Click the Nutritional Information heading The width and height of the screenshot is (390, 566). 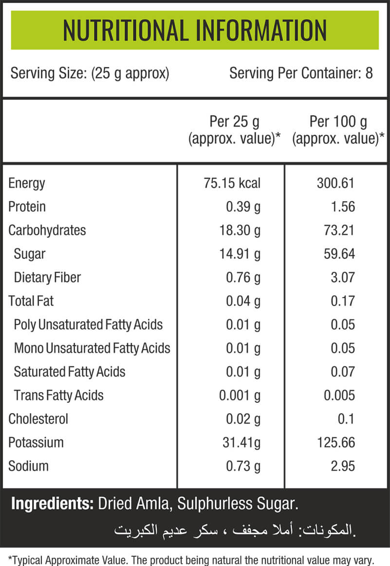[x=195, y=30]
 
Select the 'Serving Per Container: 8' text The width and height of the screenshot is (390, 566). [x=301, y=73]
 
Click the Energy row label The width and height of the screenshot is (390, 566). [x=27, y=183]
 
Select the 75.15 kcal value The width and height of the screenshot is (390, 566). [x=232, y=183]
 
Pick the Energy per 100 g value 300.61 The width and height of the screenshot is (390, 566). [x=335, y=183]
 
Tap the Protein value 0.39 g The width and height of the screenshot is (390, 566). [x=243, y=207]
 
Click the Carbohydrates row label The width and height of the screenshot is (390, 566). [x=47, y=230]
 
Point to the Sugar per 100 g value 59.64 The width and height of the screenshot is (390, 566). [x=339, y=254]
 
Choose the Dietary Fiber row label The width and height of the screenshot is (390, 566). [x=47, y=278]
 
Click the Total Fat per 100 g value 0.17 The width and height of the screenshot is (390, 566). [x=343, y=301]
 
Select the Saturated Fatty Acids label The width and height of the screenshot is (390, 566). [x=70, y=372]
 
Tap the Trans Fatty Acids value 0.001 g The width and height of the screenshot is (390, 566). [x=240, y=396]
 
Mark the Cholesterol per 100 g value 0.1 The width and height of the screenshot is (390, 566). [x=346, y=419]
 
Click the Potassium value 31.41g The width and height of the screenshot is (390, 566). [x=241, y=443]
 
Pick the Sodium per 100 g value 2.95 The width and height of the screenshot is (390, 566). [x=343, y=466]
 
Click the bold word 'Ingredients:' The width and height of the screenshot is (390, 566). [x=53, y=504]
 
